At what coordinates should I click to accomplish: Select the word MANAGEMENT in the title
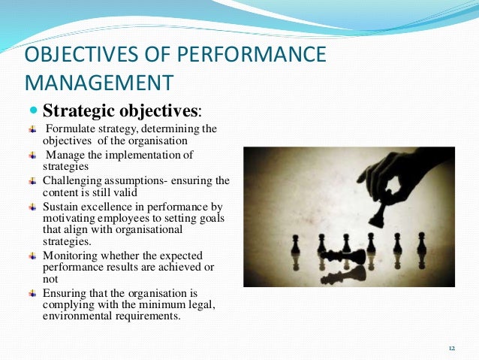[99, 81]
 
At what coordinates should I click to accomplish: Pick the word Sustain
[60, 207]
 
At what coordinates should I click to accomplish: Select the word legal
[215, 304]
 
